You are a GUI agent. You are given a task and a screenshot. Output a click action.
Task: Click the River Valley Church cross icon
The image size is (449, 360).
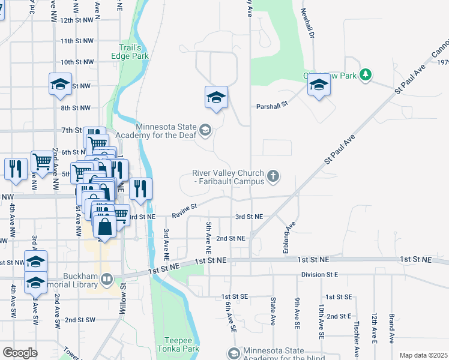click(273, 177)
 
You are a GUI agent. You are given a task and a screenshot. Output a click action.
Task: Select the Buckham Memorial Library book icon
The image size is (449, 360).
click(106, 279)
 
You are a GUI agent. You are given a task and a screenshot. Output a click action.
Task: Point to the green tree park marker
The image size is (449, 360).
click(365, 75)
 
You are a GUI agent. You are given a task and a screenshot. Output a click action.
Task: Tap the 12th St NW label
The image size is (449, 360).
click(77, 20)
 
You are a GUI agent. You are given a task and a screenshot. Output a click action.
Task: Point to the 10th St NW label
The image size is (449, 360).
click(77, 62)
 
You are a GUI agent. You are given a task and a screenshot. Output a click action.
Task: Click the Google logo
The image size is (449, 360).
click(20, 352)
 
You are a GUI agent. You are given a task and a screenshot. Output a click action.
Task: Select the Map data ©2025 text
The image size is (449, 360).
click(423, 355)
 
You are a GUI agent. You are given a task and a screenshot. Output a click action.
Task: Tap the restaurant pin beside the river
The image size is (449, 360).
click(140, 189)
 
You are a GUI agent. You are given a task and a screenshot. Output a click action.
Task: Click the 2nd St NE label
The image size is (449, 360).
click(231, 238)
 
